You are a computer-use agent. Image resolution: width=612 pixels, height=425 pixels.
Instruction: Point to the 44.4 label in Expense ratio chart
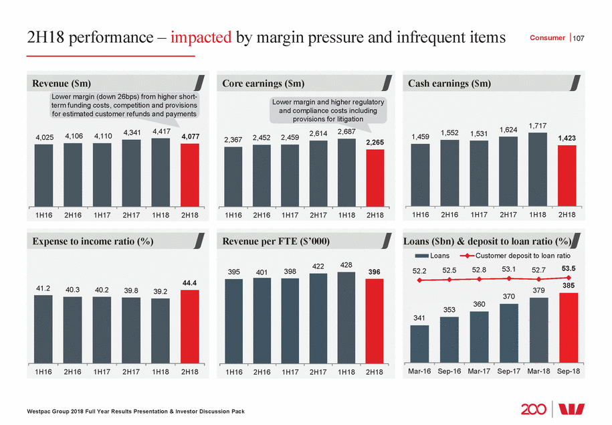pos(189,283)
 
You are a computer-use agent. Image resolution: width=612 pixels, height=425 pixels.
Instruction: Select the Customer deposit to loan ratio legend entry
pos(514,256)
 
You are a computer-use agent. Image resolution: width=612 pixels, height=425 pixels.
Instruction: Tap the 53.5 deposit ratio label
pos(568,268)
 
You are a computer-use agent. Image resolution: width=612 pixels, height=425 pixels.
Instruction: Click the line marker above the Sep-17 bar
pos(508,278)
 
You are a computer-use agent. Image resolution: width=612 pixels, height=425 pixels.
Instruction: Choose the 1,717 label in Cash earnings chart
pos(538,125)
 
